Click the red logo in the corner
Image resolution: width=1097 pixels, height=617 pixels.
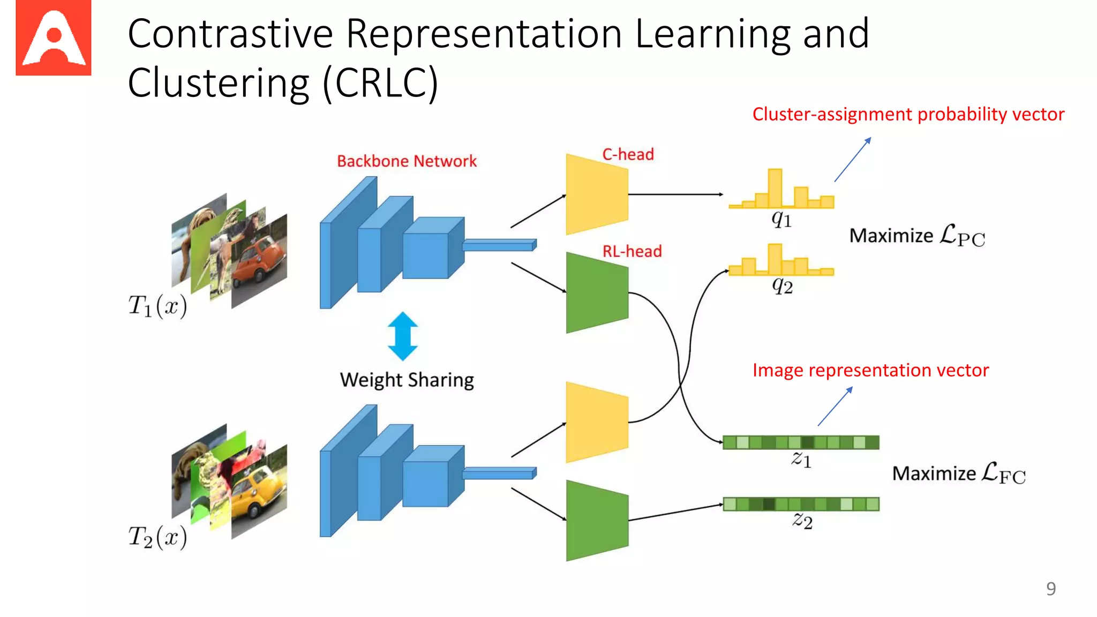53,38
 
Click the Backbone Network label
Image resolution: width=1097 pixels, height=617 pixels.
407,161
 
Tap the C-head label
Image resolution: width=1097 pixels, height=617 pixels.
628,154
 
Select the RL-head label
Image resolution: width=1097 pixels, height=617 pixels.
632,251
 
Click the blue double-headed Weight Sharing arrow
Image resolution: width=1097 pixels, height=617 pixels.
402,336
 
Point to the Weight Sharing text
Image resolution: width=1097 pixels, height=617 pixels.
407,380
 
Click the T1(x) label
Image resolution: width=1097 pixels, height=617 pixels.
157,306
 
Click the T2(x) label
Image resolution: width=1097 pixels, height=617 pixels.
157,537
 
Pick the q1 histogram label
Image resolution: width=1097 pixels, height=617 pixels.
782,219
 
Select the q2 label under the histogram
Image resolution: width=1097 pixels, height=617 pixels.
782,287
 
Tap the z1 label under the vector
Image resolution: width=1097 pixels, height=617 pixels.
801,460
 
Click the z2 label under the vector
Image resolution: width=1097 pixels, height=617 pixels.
802,520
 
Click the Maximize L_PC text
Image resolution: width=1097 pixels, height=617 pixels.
917,236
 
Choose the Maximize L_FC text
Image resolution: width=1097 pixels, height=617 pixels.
959,473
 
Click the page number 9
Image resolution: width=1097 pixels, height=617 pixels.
1051,589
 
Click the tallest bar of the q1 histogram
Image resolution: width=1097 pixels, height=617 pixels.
775,188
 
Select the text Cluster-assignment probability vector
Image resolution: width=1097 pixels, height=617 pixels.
908,115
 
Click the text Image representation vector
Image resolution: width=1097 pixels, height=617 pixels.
870,371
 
